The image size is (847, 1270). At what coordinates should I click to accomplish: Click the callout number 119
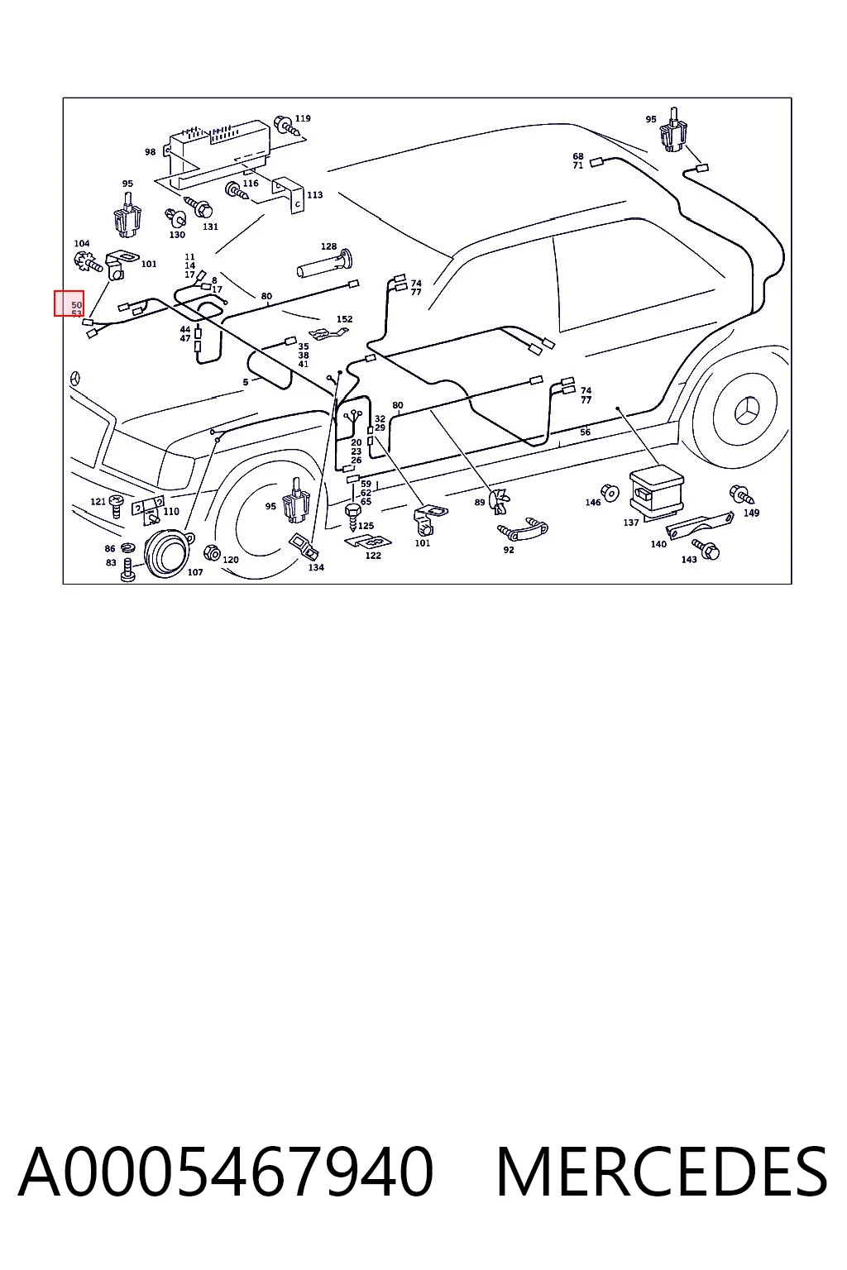point(303,118)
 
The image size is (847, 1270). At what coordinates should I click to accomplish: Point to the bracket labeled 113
point(290,196)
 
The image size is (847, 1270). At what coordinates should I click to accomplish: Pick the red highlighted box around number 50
point(69,303)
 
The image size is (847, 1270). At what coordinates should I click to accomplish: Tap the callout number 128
point(328,246)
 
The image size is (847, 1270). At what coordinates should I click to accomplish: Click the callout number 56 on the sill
point(585,432)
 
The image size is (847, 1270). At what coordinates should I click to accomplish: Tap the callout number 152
point(344,319)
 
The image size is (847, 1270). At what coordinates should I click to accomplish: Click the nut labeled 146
point(610,493)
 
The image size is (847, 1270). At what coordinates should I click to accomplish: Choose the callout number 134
point(316,567)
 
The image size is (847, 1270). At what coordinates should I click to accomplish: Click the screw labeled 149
point(742,494)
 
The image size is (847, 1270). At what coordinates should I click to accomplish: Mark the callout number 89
point(480,503)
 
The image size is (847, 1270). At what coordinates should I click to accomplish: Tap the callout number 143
point(689,560)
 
